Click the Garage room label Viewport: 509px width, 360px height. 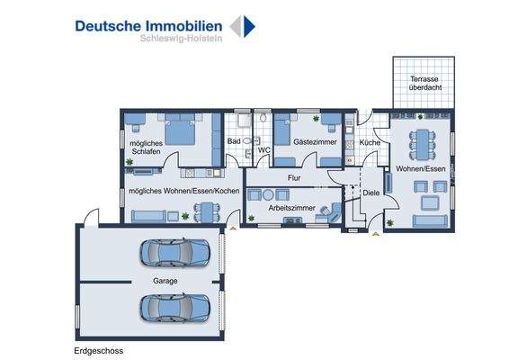pyautogui.click(x=165, y=281)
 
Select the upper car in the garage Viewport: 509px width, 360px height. pyautogui.click(x=174, y=253)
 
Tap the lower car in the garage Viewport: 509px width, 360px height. pyautogui.click(x=174, y=309)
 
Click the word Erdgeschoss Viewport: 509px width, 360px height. pyautogui.click(x=99, y=350)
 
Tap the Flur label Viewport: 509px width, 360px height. pyautogui.click(x=293, y=178)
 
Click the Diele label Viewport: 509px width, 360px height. pyautogui.click(x=371, y=193)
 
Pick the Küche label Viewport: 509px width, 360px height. pyautogui.click(x=369, y=142)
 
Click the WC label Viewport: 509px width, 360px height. pyautogui.click(x=264, y=150)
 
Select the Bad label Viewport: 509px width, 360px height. pyautogui.click(x=234, y=142)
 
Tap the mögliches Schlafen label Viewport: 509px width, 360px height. pyautogui.click(x=143, y=148)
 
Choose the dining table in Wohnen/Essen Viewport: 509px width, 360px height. pyautogui.click(x=421, y=142)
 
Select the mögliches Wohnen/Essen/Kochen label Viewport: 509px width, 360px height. pyautogui.click(x=183, y=192)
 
